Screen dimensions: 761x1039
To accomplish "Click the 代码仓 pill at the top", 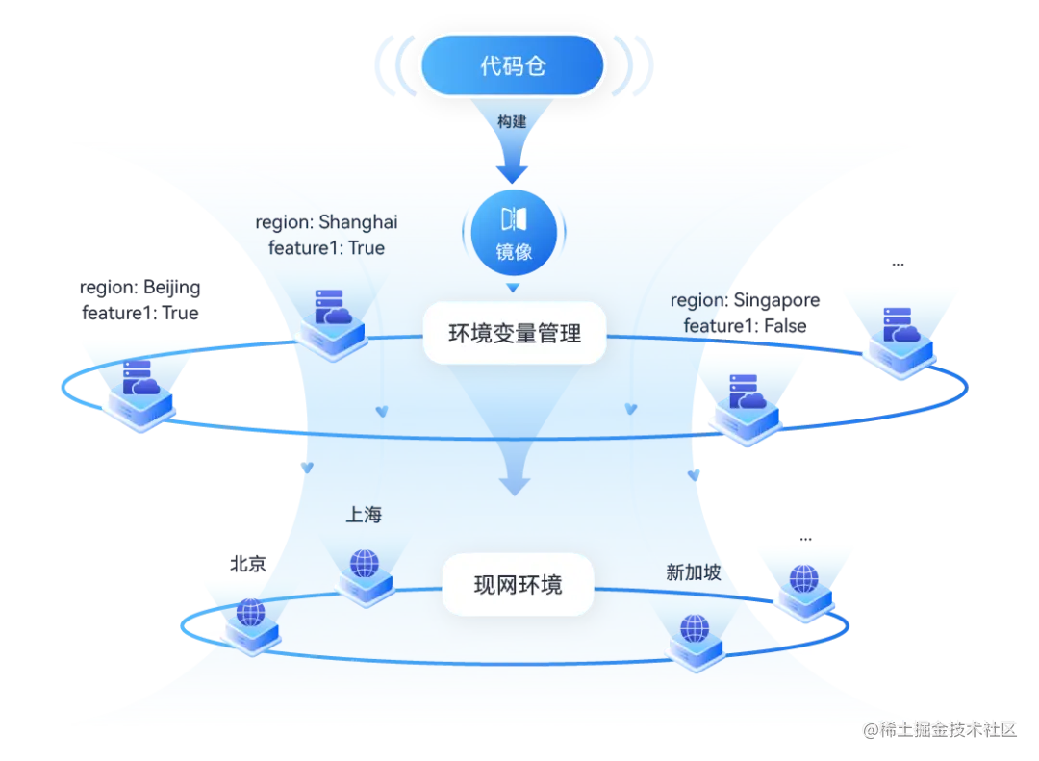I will [x=512, y=66].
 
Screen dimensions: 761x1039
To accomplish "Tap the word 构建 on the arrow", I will [x=512, y=122].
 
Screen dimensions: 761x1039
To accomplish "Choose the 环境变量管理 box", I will [x=515, y=333].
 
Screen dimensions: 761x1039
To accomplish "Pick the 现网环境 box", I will [x=518, y=585].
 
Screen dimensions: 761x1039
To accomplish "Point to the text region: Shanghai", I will [x=326, y=222].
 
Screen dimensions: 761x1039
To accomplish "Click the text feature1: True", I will [x=326, y=248].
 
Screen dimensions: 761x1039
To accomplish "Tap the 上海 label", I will [x=364, y=515].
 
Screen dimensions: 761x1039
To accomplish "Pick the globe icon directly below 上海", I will [x=365, y=568].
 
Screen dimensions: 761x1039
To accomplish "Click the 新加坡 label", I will [x=694, y=572].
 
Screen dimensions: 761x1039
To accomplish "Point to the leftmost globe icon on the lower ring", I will [x=250, y=616].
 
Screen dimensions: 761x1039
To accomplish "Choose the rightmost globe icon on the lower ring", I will [x=803, y=583].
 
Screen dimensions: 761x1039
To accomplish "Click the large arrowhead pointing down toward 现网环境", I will [x=515, y=479].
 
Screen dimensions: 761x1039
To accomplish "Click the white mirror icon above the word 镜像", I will [x=514, y=218].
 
